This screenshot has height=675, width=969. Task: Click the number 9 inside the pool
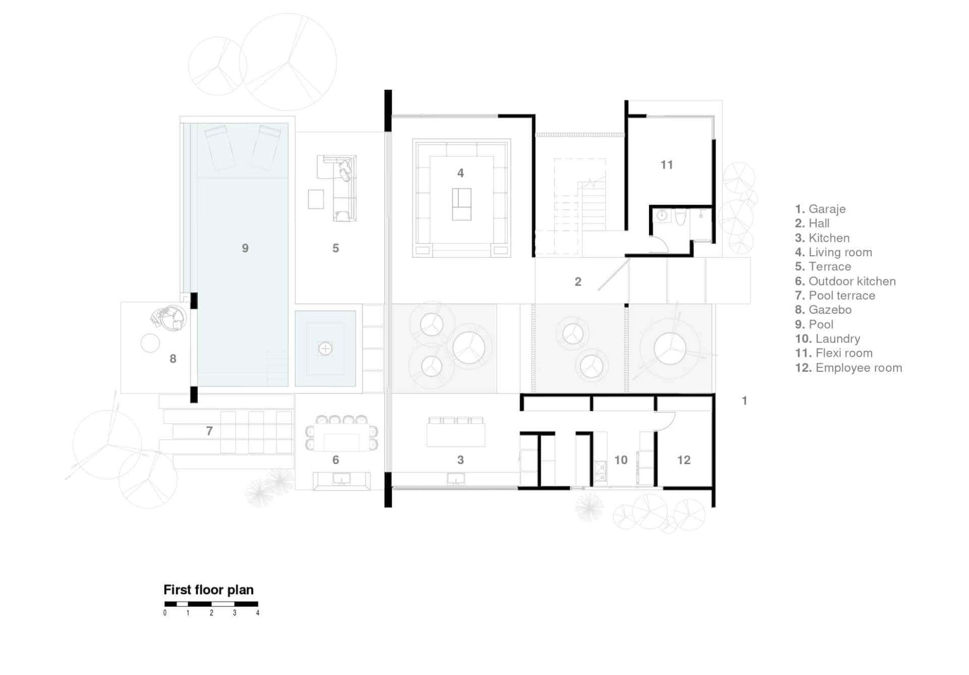coord(245,248)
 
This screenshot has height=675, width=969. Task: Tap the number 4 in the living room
coord(460,173)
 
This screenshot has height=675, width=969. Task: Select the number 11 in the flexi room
coord(667,165)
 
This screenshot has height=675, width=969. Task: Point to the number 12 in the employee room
coord(684,460)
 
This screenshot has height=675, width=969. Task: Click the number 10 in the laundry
coord(621,460)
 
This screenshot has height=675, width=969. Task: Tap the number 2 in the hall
coord(578,282)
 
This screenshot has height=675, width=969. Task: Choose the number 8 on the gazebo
coord(173,359)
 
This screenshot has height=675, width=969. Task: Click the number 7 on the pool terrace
coord(209,431)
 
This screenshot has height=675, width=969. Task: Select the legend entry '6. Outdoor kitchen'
coord(845,282)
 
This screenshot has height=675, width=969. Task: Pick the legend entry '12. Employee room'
coord(848,368)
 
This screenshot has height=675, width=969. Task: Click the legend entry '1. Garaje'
coord(820,209)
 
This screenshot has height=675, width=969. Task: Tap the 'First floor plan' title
coord(208,590)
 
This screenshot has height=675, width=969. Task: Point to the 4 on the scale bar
coord(258,613)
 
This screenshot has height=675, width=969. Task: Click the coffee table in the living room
coord(461,204)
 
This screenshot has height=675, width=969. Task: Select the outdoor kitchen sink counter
coord(342,481)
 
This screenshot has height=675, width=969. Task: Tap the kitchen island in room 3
coord(456,435)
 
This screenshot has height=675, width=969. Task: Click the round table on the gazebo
coord(150,344)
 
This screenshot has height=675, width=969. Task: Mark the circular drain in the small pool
coord(325,349)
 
